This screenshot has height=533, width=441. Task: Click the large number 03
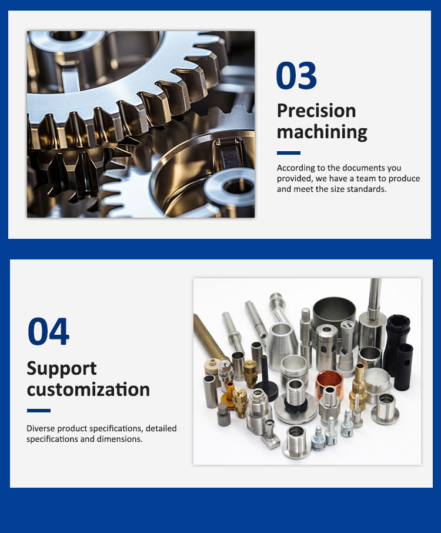click(x=296, y=75)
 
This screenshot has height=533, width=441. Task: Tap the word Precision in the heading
click(x=316, y=111)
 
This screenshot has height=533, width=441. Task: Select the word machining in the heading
click(x=322, y=132)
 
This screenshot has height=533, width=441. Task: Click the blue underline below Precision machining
click(x=289, y=153)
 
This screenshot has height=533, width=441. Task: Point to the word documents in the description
click(x=359, y=168)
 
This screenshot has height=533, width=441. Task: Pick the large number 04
click(x=48, y=332)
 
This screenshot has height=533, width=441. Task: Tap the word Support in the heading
click(x=62, y=369)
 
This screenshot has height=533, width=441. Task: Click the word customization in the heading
click(x=88, y=389)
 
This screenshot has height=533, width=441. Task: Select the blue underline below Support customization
click(x=39, y=411)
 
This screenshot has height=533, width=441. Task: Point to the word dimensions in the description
click(x=119, y=439)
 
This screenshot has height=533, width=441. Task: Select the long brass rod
click(x=209, y=337)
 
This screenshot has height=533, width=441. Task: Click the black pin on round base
click(x=266, y=380)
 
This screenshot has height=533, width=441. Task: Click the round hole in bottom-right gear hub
click(x=235, y=186)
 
